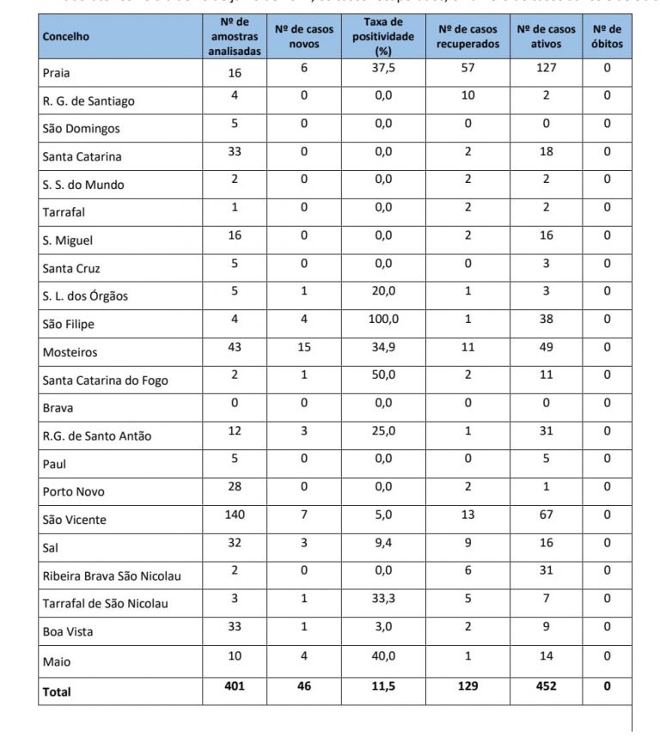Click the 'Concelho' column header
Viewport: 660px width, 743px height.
click(65, 37)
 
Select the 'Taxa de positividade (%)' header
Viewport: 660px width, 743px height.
click(383, 37)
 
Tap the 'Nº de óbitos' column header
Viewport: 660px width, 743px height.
click(607, 37)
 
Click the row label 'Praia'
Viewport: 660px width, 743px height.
click(57, 73)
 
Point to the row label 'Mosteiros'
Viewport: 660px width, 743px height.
click(70, 352)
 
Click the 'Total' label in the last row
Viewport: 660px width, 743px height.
click(57, 691)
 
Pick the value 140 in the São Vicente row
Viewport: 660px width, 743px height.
click(235, 515)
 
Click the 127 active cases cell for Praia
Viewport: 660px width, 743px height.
click(547, 68)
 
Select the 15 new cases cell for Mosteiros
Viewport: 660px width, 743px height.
click(304, 347)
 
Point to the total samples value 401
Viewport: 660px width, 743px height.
click(235, 686)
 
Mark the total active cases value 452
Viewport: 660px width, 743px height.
click(547, 686)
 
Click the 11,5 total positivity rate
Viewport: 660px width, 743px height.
click(383, 686)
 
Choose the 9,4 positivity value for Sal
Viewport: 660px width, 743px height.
click(383, 543)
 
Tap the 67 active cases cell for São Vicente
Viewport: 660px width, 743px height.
click(547, 515)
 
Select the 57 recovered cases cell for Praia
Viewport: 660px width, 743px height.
click(467, 68)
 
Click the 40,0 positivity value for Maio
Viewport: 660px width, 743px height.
click(383, 656)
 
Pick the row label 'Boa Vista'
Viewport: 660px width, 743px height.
click(68, 631)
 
